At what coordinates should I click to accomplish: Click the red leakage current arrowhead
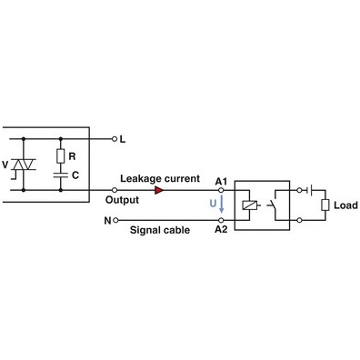click(x=160, y=191)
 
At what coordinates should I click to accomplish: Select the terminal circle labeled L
click(x=114, y=139)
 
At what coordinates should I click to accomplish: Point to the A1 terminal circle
click(x=221, y=191)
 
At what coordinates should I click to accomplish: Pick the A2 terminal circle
click(x=221, y=220)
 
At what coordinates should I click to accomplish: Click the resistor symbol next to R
click(x=60, y=155)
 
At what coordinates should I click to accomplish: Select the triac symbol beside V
click(x=26, y=165)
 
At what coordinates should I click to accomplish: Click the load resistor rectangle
click(x=324, y=205)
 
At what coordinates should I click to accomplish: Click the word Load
click(x=345, y=205)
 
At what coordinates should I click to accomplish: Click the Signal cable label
click(x=160, y=231)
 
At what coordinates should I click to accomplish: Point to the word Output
click(x=122, y=199)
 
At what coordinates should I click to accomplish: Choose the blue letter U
click(x=213, y=205)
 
